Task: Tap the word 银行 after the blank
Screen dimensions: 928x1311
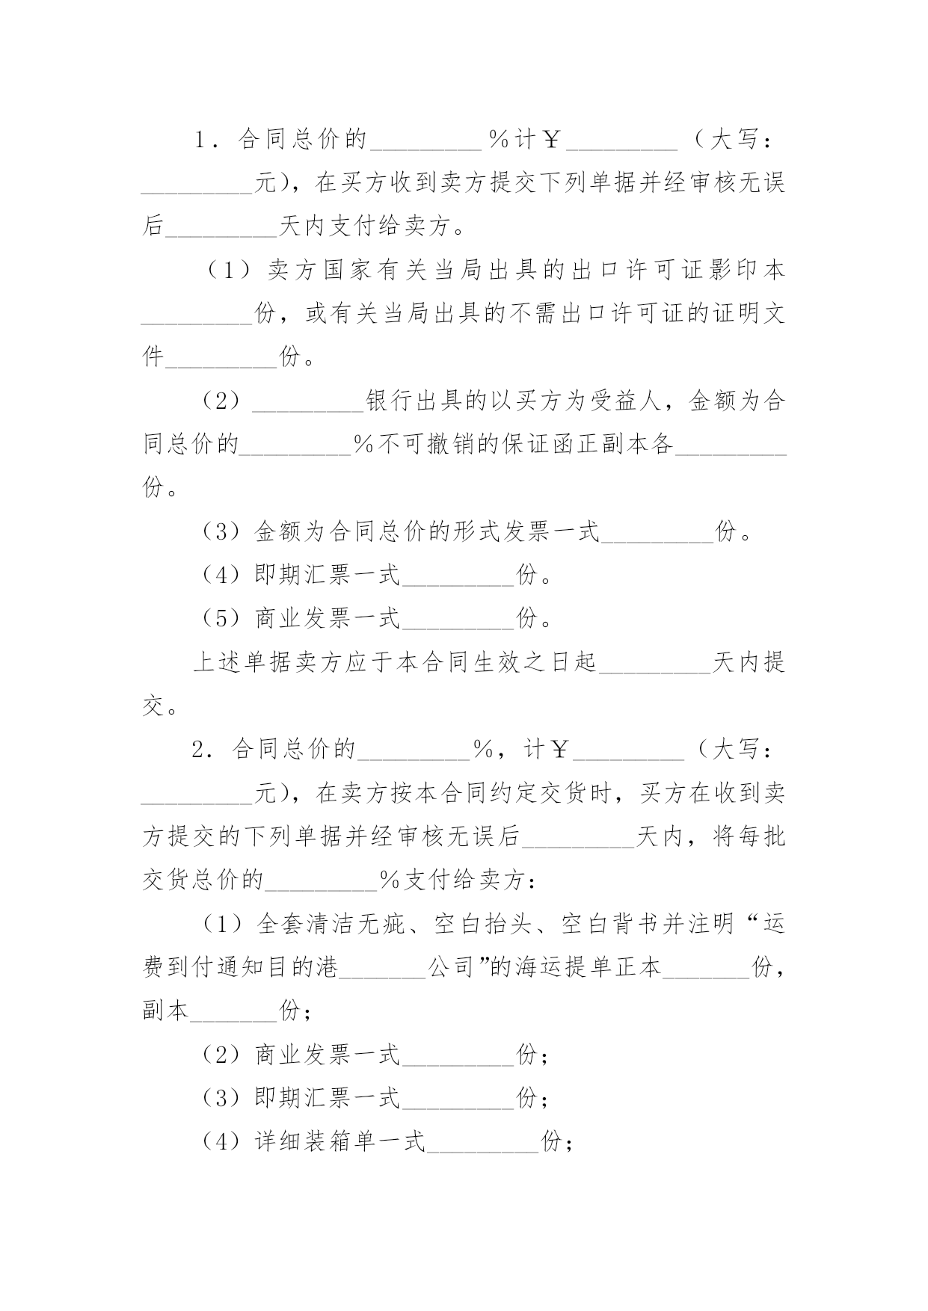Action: coord(390,401)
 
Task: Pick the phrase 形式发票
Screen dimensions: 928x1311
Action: coord(500,531)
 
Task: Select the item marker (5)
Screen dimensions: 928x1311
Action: coord(221,618)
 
